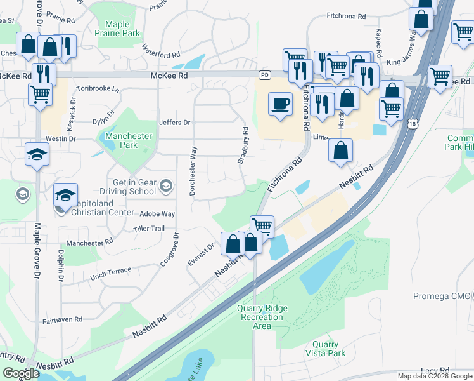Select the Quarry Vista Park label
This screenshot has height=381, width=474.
[328, 349]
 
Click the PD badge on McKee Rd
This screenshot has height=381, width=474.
[264, 75]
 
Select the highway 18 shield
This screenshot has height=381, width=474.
[413, 124]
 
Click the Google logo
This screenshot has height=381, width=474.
[21, 373]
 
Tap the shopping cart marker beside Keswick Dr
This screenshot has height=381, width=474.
[40, 94]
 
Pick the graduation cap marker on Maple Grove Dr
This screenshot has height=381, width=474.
[37, 154]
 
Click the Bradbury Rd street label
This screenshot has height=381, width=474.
[243, 145]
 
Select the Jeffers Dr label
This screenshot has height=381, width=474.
[174, 123]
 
